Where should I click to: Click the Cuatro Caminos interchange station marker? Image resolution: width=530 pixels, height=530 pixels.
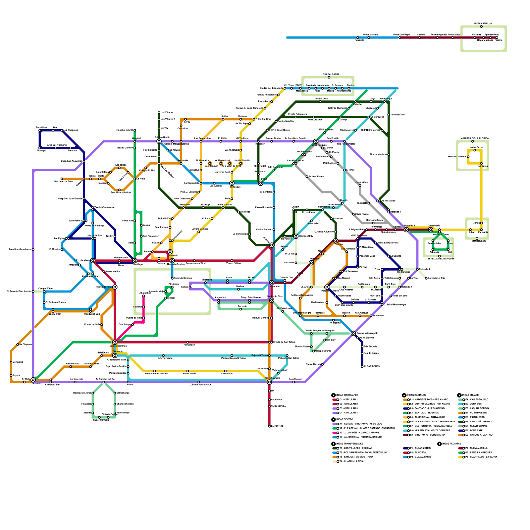click(x=115, y=342)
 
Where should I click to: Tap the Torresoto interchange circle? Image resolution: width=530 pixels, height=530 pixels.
click(x=115, y=355)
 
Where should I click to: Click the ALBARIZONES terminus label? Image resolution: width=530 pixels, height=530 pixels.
click(x=371, y=366)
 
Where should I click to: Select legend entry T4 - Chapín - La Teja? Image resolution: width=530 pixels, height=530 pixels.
click(x=351, y=461)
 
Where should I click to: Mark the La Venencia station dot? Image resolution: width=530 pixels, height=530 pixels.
click(x=75, y=382)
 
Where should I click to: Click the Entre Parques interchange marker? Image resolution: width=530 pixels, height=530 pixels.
click(x=316, y=141)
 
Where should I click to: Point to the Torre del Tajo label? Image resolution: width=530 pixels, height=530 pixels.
click(x=397, y=115)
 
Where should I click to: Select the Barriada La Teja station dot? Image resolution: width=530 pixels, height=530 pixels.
click(x=426, y=278)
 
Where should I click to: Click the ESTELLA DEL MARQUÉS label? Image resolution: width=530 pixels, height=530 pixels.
click(x=441, y=259)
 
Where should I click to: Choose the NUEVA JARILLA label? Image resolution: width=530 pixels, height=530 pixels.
click(x=483, y=24)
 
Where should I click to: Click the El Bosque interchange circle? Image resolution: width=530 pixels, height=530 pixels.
click(x=232, y=183)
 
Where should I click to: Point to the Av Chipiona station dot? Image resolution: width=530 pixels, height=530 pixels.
click(x=18, y=344)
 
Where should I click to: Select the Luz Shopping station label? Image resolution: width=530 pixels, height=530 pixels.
click(x=71, y=130)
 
